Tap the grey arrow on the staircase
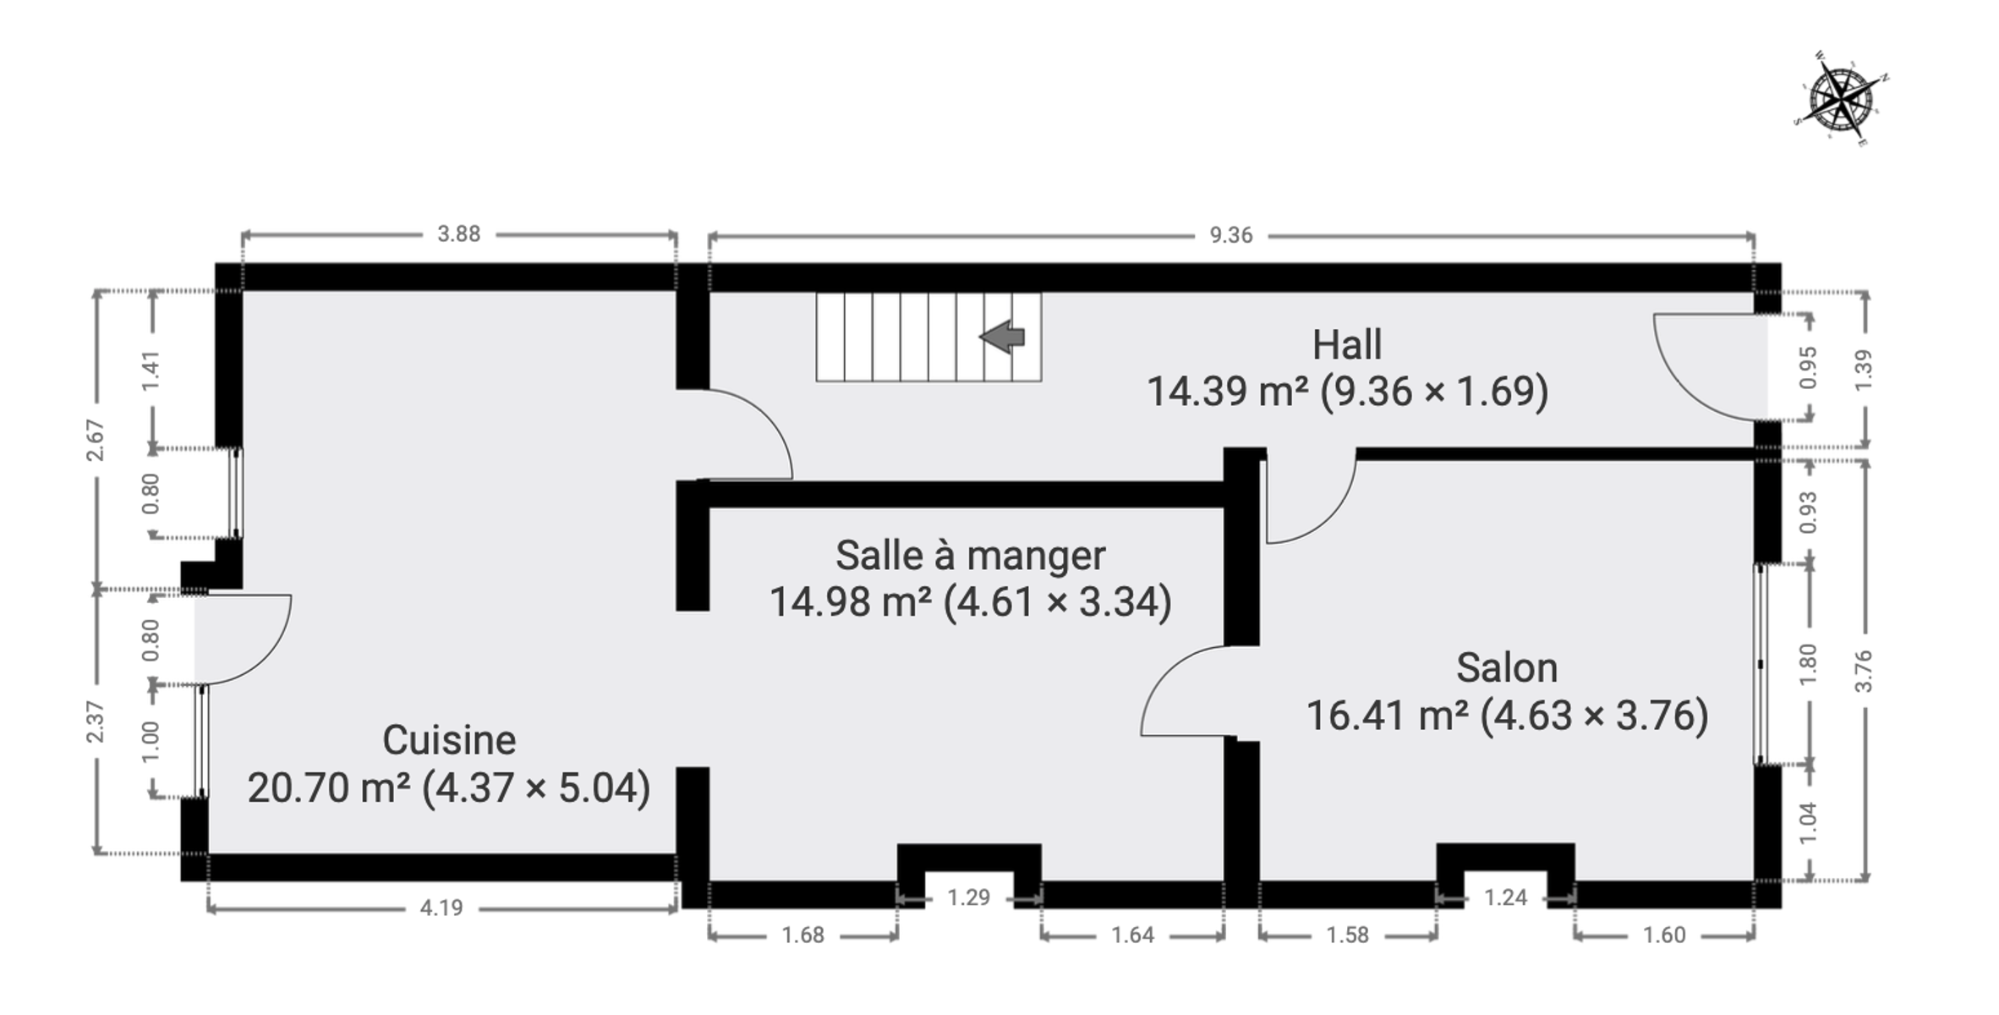click(x=1002, y=337)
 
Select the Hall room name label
click(x=1347, y=345)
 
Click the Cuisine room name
click(x=449, y=740)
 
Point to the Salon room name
click(x=1507, y=668)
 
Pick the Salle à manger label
click(x=970, y=556)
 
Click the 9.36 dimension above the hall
click(x=1231, y=235)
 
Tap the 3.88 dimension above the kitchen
click(x=458, y=233)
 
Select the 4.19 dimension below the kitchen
click(x=441, y=908)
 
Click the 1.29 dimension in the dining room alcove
click(x=968, y=897)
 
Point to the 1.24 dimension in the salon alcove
click(x=1506, y=897)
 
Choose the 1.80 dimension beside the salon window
click(x=1808, y=665)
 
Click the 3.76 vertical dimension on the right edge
click(x=1864, y=672)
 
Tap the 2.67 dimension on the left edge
click(x=96, y=440)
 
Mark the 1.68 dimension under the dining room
click(x=802, y=935)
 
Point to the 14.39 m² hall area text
click(x=1348, y=391)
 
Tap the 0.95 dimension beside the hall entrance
click(x=1808, y=368)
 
